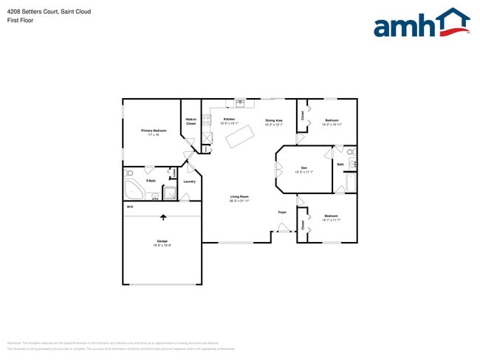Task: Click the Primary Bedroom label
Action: tap(154, 130)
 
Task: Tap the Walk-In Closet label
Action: tap(191, 122)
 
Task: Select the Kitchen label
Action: tap(229, 120)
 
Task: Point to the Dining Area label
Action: tap(274, 120)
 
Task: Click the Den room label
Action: tap(304, 168)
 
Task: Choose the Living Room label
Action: tap(239, 196)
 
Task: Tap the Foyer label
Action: tap(282, 212)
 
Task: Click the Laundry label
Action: tap(189, 181)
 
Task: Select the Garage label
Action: tap(162, 241)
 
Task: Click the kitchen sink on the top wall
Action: tap(240, 103)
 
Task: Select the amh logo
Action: tap(421, 24)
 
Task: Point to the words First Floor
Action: tap(19, 21)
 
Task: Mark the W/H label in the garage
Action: tap(129, 207)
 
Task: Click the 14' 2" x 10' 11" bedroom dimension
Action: tap(332, 125)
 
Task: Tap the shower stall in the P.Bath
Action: tap(170, 194)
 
